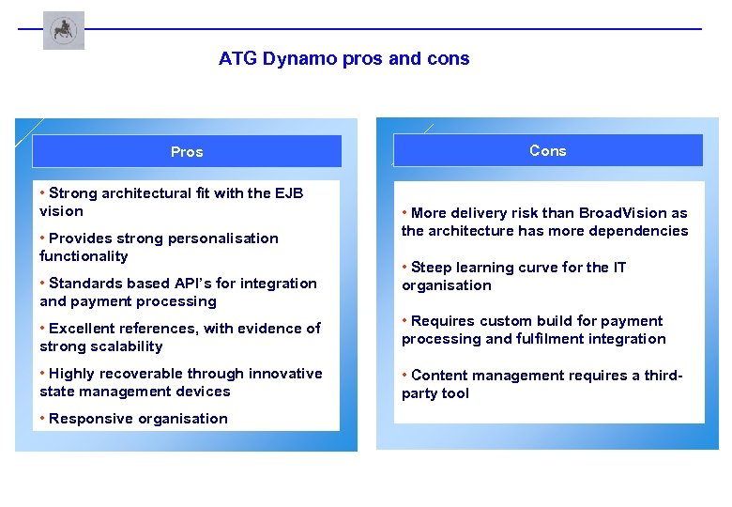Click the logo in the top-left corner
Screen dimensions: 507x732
click(x=63, y=31)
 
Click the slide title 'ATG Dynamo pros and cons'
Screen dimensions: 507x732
click(x=343, y=59)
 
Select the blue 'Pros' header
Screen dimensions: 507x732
click(x=187, y=151)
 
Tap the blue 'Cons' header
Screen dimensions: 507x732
click(x=547, y=150)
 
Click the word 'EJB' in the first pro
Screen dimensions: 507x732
click(x=289, y=193)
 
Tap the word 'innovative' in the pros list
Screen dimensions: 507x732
click(x=286, y=374)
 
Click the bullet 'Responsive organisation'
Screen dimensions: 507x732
click(x=138, y=419)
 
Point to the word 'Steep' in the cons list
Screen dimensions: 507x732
click(x=432, y=268)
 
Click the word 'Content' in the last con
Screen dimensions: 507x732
click(x=440, y=376)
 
